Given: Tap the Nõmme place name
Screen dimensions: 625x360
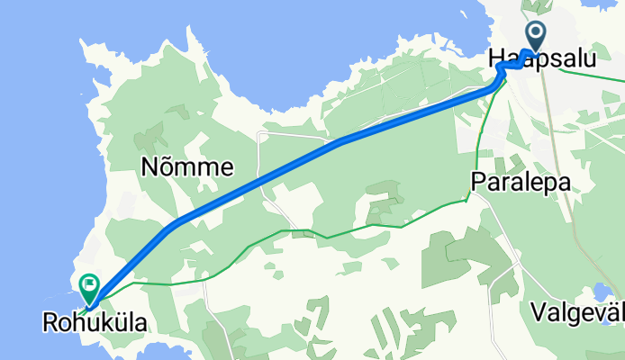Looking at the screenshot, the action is click(187, 166).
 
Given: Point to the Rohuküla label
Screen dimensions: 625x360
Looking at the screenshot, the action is click(95, 321).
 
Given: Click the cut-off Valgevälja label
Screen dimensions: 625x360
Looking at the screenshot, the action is click(577, 312).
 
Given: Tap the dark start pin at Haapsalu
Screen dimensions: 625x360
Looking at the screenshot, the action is click(535, 37).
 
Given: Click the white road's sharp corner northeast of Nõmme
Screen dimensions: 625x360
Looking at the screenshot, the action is click(259, 133).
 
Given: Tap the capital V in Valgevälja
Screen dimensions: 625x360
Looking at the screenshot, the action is click(538, 312).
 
